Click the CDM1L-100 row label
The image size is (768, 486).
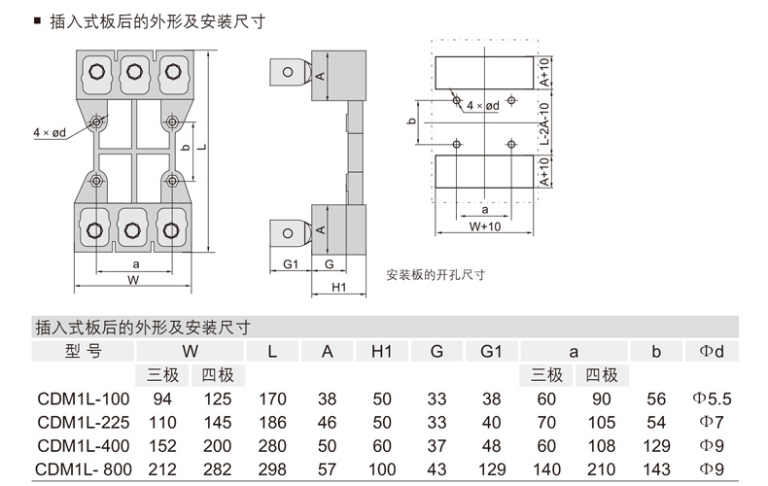point(84,399)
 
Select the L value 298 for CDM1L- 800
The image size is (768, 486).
point(272,469)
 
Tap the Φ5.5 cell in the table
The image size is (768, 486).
point(712,399)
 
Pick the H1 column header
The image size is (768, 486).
point(381,351)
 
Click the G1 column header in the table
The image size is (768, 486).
point(491,351)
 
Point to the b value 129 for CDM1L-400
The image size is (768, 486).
point(656,446)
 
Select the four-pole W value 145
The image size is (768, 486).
point(217,422)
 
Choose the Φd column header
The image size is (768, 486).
point(712,351)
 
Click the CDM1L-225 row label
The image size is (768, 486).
point(84,422)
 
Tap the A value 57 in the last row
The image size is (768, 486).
point(327,469)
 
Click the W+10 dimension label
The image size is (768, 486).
point(485,226)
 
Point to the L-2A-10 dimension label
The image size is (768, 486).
point(544,123)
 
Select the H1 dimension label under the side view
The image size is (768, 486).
point(339,287)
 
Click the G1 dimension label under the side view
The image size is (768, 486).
point(291,264)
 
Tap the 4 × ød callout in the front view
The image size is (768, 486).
point(50,132)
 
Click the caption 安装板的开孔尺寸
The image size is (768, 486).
point(436,274)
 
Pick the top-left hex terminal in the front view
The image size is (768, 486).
point(96,72)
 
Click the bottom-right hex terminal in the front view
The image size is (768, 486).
point(171,230)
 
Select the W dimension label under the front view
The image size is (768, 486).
point(133,280)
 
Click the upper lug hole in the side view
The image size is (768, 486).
point(288,72)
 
